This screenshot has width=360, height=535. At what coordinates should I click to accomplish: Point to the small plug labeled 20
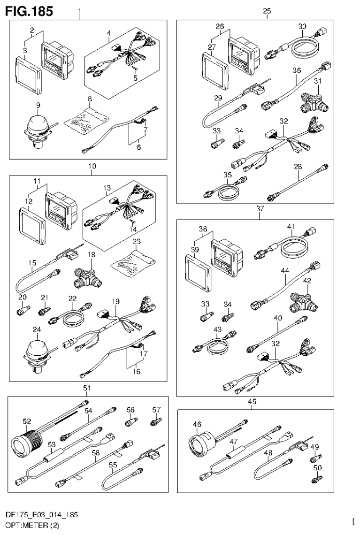[x=23, y=310]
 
